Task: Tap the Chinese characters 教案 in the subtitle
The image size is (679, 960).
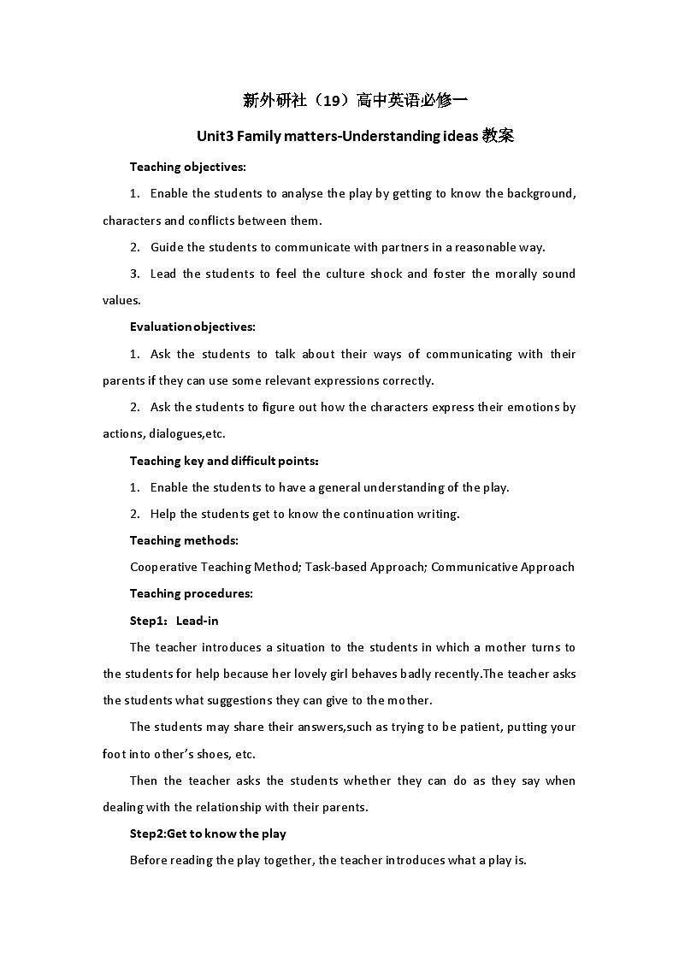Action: pyautogui.click(x=498, y=136)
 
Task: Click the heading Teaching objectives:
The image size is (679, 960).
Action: pyautogui.click(x=188, y=167)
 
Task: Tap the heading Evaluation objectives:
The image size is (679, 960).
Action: pyautogui.click(x=192, y=327)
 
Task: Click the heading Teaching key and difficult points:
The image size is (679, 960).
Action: pyautogui.click(x=224, y=461)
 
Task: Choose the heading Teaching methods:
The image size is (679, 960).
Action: pyautogui.click(x=184, y=540)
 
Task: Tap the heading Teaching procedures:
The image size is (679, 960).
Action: pyautogui.click(x=192, y=593)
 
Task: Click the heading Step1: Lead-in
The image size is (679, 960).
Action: pyautogui.click(x=174, y=621)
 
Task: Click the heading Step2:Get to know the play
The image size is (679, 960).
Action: pyautogui.click(x=208, y=833)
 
